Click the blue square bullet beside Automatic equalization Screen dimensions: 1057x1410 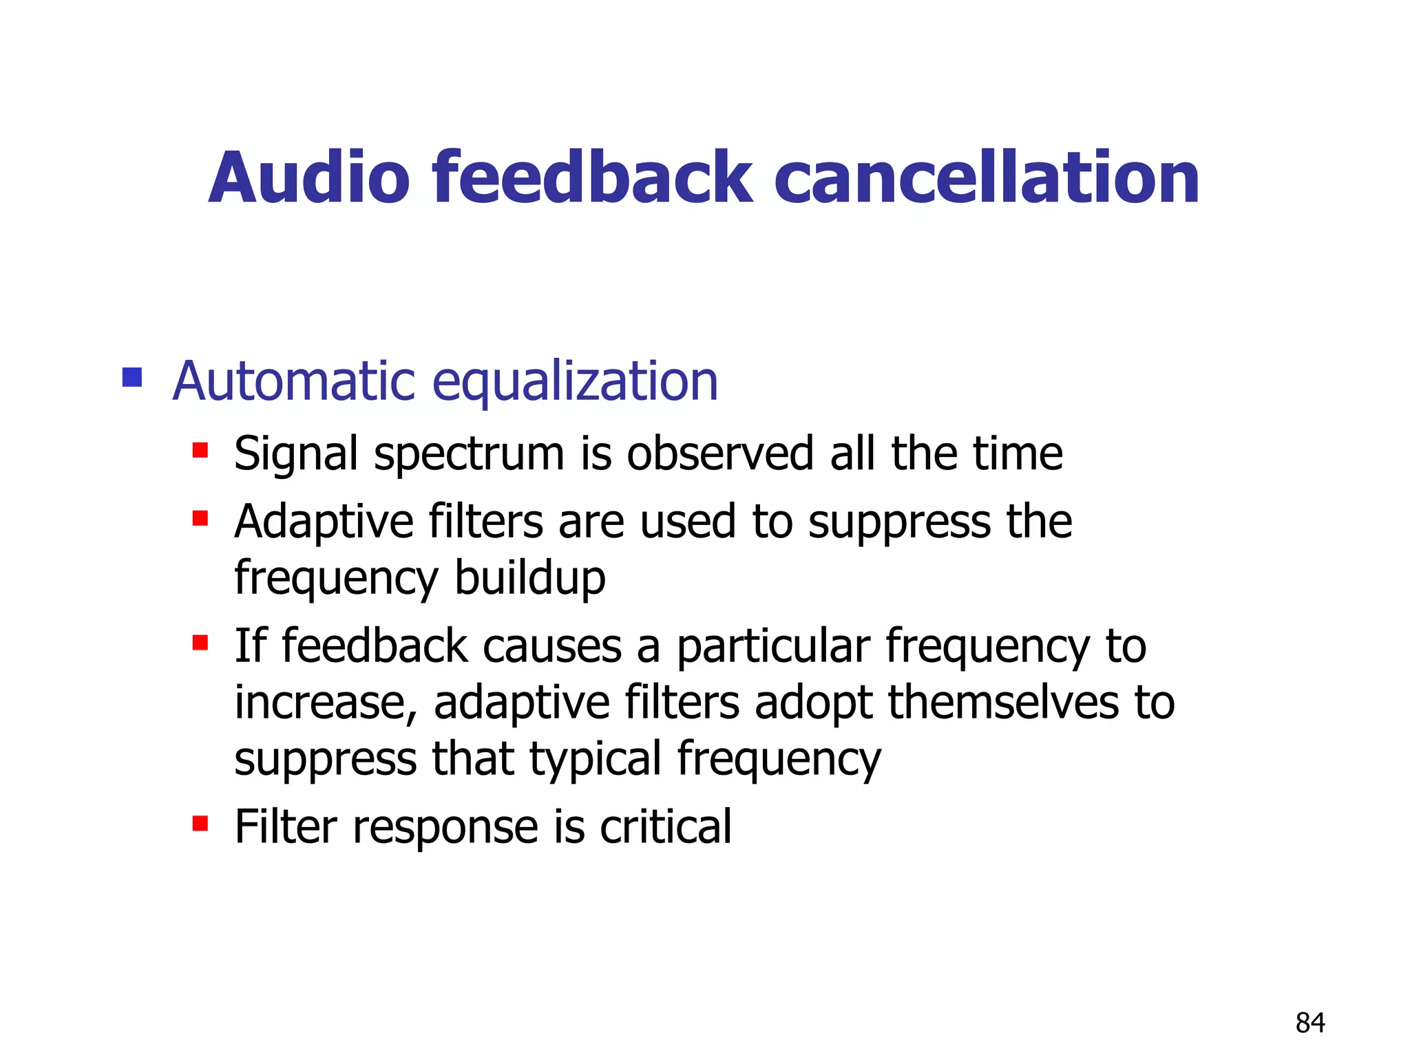[131, 377]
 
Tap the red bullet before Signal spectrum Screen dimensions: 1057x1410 [200, 451]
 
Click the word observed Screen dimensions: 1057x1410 [720, 453]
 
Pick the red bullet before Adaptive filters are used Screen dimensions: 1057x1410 [200, 517]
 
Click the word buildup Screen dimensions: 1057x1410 [530, 578]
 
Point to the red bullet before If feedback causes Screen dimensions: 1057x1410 [200, 643]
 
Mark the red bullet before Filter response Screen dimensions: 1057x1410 [200, 823]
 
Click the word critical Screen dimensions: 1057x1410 [665, 826]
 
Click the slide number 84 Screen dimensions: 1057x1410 [1310, 1023]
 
